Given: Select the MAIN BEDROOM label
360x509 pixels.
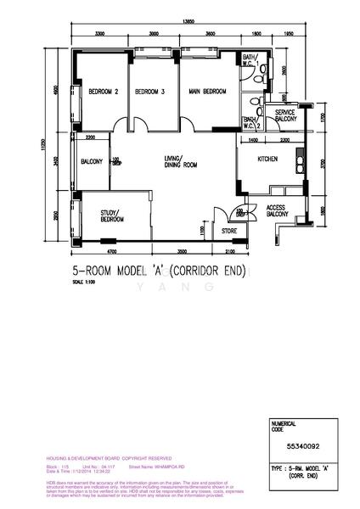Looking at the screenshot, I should (207, 92).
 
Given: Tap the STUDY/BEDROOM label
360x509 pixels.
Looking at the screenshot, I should (112, 215).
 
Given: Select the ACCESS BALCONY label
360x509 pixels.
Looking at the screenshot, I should (278, 211).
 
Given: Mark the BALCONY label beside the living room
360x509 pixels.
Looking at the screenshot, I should (92, 161).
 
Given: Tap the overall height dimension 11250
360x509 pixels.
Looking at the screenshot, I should (59, 148).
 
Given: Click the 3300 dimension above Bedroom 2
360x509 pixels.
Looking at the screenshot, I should (100, 33).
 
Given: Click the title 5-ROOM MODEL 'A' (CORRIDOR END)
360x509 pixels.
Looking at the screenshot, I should (167, 272).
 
